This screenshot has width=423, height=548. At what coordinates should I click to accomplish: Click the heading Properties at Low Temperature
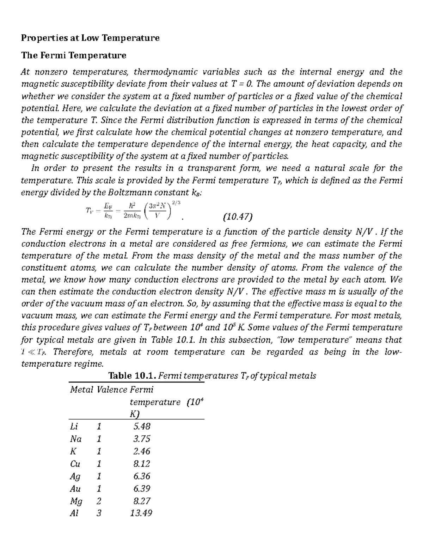[90, 38]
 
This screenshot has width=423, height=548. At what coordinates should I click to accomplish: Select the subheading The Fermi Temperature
[74, 55]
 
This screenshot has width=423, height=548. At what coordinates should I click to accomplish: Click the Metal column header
[82, 390]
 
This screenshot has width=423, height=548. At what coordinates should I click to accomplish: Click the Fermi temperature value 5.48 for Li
[142, 426]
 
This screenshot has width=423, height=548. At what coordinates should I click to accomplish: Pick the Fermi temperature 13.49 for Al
[141, 513]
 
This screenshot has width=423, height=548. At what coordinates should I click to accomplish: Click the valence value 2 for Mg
[99, 501]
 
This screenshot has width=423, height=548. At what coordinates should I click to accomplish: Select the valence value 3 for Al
[99, 513]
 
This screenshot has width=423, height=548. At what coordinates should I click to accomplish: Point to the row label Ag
[75, 476]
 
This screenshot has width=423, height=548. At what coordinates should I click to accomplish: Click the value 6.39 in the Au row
[142, 488]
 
